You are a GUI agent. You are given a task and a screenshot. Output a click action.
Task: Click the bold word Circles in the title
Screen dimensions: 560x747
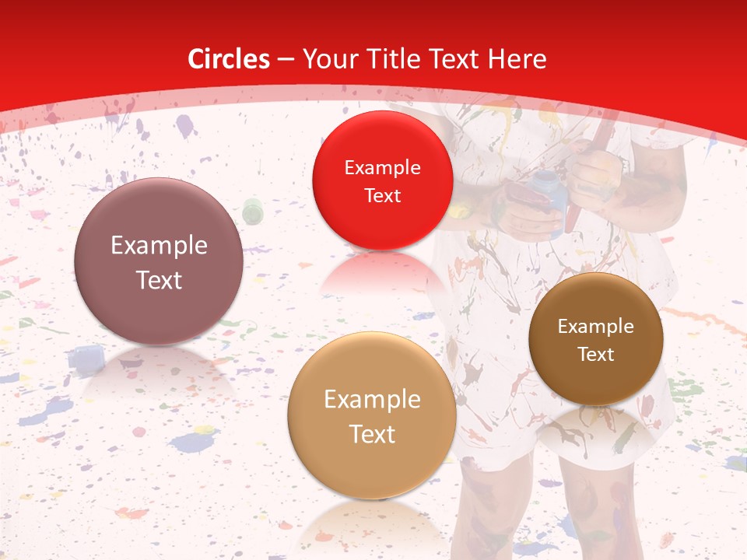click(x=229, y=59)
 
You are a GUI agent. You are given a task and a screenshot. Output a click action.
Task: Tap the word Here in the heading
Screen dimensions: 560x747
click(x=516, y=59)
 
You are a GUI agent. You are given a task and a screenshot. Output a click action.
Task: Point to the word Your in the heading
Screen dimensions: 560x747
click(x=330, y=59)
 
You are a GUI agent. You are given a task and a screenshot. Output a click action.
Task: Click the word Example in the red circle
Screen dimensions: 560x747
click(x=382, y=168)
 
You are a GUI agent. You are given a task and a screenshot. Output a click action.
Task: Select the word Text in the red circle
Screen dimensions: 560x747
click(x=382, y=195)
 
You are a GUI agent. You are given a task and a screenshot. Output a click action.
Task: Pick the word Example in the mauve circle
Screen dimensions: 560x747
click(x=159, y=246)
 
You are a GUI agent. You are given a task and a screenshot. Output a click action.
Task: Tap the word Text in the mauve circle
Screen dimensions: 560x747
click(x=159, y=280)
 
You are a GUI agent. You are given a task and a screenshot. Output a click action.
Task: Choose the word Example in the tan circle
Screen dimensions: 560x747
click(x=372, y=400)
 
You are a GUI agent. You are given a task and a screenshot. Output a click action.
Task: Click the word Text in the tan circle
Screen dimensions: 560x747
click(x=372, y=434)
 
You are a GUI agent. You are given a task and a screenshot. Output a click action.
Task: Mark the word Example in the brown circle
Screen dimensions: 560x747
click(x=596, y=327)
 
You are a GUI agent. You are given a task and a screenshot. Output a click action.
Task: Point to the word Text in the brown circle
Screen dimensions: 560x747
click(x=596, y=354)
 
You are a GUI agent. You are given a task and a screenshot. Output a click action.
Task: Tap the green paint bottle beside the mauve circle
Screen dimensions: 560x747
click(x=252, y=210)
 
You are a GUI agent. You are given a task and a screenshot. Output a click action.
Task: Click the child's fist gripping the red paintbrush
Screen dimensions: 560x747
click(x=596, y=171)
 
